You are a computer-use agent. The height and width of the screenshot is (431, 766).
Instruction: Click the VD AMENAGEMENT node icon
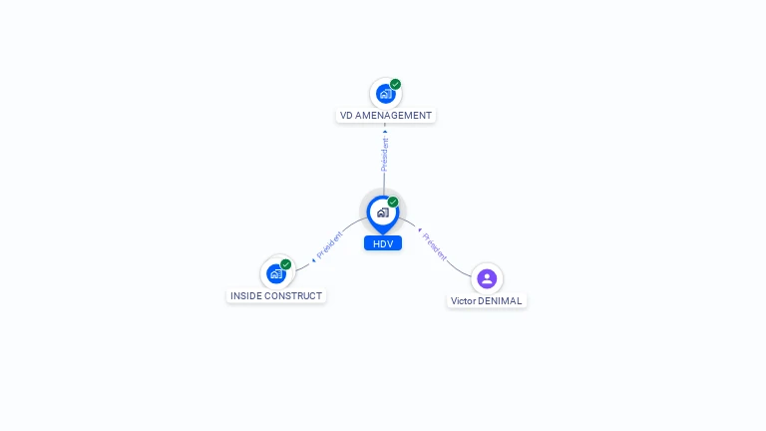(x=385, y=94)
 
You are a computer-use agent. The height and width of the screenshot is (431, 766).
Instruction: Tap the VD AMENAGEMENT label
(x=385, y=116)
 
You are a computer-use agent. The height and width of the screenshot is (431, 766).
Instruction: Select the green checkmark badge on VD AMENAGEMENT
(x=395, y=84)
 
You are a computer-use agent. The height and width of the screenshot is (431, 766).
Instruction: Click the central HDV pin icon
(x=383, y=215)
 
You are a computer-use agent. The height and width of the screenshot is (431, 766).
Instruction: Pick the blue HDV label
(x=383, y=243)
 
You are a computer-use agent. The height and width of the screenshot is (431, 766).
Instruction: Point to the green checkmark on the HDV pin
(x=393, y=202)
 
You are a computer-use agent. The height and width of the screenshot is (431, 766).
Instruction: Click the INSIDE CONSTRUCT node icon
(x=276, y=273)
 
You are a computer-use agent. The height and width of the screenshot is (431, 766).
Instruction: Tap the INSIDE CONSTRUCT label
(x=276, y=295)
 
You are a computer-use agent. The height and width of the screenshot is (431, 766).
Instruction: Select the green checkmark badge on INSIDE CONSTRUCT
(x=286, y=264)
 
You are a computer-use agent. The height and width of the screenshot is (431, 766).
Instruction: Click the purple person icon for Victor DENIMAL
(x=487, y=278)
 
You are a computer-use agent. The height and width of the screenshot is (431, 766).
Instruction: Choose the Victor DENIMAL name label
(x=487, y=301)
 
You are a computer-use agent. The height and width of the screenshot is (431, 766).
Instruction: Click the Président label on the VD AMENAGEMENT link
(x=385, y=155)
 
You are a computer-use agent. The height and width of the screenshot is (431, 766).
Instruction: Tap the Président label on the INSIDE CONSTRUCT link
(x=330, y=244)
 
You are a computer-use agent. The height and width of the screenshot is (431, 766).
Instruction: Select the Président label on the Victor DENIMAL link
(x=434, y=246)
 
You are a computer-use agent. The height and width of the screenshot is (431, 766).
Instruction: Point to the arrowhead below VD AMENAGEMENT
(x=385, y=132)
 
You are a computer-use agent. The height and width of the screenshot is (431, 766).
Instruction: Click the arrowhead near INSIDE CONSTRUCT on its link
(x=313, y=260)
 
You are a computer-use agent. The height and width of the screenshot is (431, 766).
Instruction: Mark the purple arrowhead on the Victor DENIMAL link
(x=420, y=229)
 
